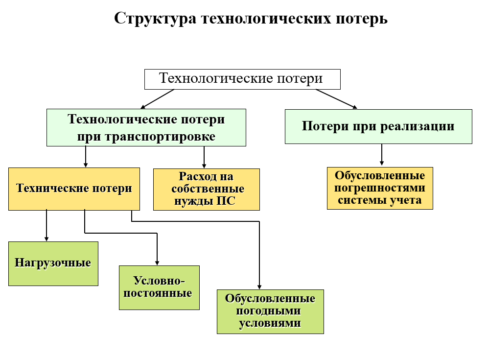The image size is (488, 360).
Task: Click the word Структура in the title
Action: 155,19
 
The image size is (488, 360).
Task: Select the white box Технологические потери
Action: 242,79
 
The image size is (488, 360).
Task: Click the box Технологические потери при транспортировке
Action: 146,128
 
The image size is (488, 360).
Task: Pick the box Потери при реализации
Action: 378,126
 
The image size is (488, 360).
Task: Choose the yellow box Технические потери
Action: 74,189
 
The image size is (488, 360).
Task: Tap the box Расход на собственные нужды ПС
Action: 207,190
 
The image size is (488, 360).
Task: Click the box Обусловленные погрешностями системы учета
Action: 380,188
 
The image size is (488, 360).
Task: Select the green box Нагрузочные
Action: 53,264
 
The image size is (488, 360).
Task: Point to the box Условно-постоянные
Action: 160,288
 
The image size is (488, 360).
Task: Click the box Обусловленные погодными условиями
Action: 271,312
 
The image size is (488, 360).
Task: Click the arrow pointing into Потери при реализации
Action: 336,99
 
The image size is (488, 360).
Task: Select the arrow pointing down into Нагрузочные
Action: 46,225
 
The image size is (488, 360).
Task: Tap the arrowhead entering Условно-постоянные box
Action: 157,263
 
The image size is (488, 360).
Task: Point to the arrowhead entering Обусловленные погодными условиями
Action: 259,287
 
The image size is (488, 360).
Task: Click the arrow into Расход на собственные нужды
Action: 204,157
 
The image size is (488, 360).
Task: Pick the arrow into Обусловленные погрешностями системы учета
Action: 382,155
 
